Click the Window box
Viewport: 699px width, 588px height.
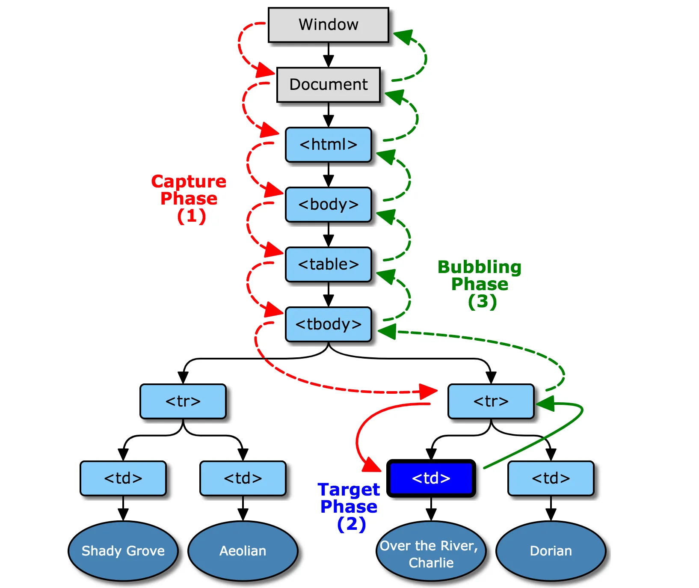(328, 25)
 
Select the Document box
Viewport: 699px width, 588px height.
(328, 85)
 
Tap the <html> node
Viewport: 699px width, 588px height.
(328, 145)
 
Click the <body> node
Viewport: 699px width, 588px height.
(328, 205)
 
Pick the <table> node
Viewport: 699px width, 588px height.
(328, 264)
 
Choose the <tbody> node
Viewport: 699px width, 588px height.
(328, 324)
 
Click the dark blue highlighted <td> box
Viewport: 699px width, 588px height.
(431, 478)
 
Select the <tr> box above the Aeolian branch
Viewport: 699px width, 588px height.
(183, 401)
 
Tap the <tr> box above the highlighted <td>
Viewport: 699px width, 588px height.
(491, 401)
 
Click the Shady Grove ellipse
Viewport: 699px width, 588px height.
(123, 551)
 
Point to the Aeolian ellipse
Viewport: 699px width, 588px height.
(243, 551)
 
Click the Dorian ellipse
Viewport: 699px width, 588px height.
(551, 551)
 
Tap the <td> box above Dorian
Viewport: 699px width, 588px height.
(551, 478)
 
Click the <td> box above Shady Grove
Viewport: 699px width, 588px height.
(123, 478)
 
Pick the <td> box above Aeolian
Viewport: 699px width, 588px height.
(243, 478)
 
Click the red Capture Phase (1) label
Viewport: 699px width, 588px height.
(189, 199)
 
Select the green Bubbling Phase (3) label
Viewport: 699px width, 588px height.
(480, 284)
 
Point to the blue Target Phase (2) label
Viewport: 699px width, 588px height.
(349, 507)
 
